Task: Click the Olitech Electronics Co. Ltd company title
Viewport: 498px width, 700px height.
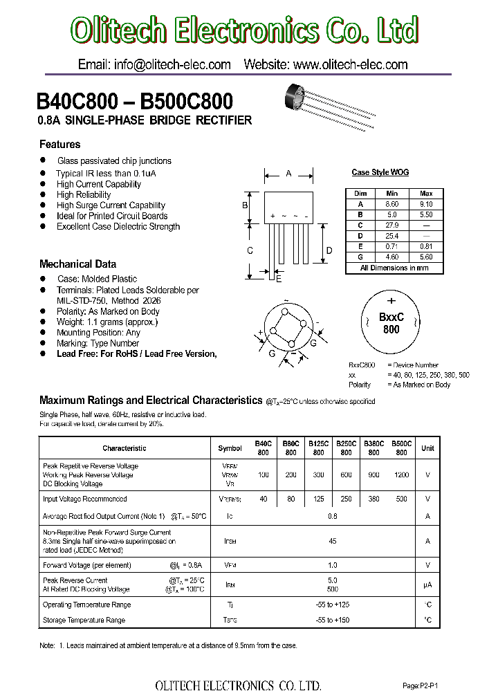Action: [246, 31]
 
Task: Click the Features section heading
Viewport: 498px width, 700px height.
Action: [59, 145]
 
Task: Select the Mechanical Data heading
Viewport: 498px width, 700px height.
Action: [77, 264]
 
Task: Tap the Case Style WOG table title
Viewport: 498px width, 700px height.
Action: [380, 172]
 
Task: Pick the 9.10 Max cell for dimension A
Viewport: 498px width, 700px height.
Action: [425, 204]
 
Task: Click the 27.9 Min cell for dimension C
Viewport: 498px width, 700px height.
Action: [392, 225]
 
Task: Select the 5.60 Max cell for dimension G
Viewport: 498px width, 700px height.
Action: [425, 257]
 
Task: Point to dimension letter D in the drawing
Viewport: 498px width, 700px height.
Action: [330, 250]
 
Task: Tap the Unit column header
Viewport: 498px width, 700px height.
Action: [428, 448]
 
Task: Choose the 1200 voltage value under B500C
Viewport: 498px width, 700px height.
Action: [401, 475]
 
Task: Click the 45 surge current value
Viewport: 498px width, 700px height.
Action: [332, 541]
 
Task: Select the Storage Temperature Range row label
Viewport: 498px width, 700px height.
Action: [84, 620]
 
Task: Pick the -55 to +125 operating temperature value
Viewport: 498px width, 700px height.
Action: [332, 605]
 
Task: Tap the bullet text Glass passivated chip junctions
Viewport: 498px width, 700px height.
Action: [114, 160]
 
